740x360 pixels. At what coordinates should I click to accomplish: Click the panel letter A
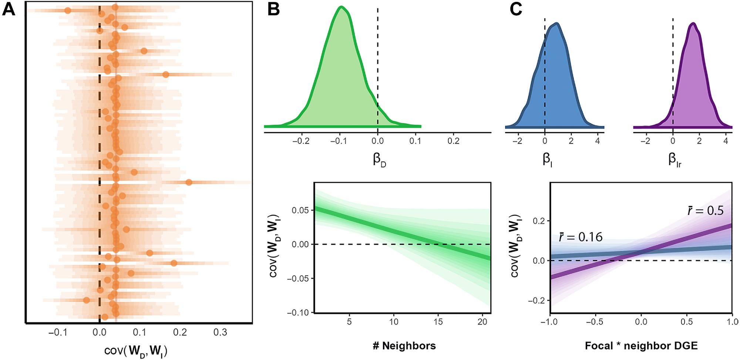coord(9,9)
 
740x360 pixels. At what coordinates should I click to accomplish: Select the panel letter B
coord(273,9)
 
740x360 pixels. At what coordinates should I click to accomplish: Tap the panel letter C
coord(516,9)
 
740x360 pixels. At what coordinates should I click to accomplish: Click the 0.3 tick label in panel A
coord(220,333)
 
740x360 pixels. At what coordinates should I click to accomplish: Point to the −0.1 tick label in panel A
coord(57,333)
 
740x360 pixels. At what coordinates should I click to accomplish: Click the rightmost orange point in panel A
coord(189,182)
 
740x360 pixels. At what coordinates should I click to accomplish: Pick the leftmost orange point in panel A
coord(68,11)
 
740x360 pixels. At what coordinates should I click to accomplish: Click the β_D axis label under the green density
coord(379,159)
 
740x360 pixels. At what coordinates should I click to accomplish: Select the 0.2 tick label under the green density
coord(454,141)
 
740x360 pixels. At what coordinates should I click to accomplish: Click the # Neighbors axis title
coord(404,346)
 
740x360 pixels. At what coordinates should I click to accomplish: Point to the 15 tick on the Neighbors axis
coord(438,322)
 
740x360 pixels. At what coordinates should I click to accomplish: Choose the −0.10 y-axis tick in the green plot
coord(298,313)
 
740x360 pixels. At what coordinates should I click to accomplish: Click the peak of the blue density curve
coord(556,24)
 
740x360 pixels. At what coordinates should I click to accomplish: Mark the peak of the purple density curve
coord(693,24)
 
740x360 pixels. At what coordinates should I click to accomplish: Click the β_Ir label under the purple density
coord(675,159)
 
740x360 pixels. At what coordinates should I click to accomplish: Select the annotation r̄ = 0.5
coord(705,211)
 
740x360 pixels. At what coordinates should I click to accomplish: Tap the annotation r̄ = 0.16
coord(581,237)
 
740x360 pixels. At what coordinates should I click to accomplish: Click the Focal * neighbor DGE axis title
coord(641,346)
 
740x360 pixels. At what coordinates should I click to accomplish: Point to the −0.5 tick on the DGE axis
coord(595,322)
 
